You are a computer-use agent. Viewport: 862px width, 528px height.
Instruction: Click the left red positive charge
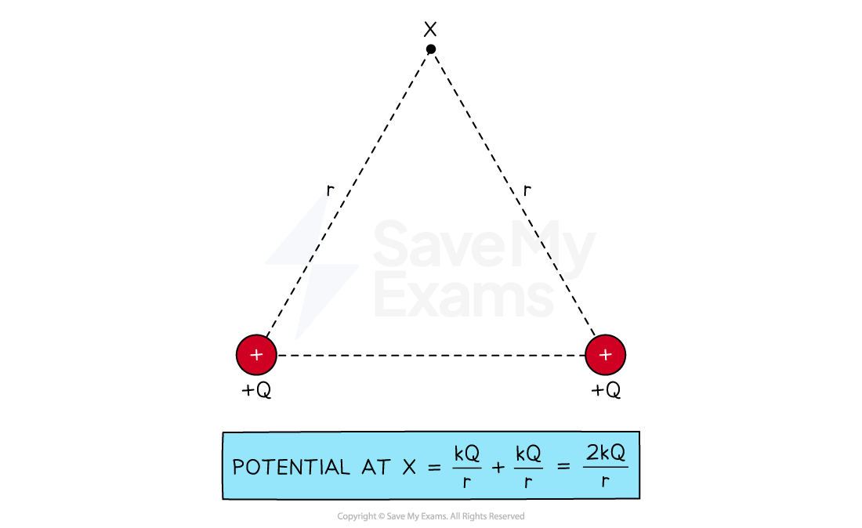click(x=256, y=355)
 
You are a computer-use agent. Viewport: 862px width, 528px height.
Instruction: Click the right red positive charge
click(x=605, y=355)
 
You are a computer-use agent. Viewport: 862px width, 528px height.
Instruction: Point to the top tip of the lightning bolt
click(x=328, y=190)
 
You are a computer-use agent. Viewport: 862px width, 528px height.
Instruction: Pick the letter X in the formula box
click(x=409, y=467)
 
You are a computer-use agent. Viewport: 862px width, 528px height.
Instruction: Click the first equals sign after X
click(x=434, y=468)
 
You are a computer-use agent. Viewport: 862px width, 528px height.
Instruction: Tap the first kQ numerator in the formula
click(x=466, y=454)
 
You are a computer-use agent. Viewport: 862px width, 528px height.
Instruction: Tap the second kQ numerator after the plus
click(x=528, y=454)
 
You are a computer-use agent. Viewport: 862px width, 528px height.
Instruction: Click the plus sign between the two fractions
click(x=498, y=468)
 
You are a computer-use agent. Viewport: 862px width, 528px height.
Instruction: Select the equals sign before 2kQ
click(x=563, y=468)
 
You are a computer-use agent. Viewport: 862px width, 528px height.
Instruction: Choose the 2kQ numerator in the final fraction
click(x=606, y=453)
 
